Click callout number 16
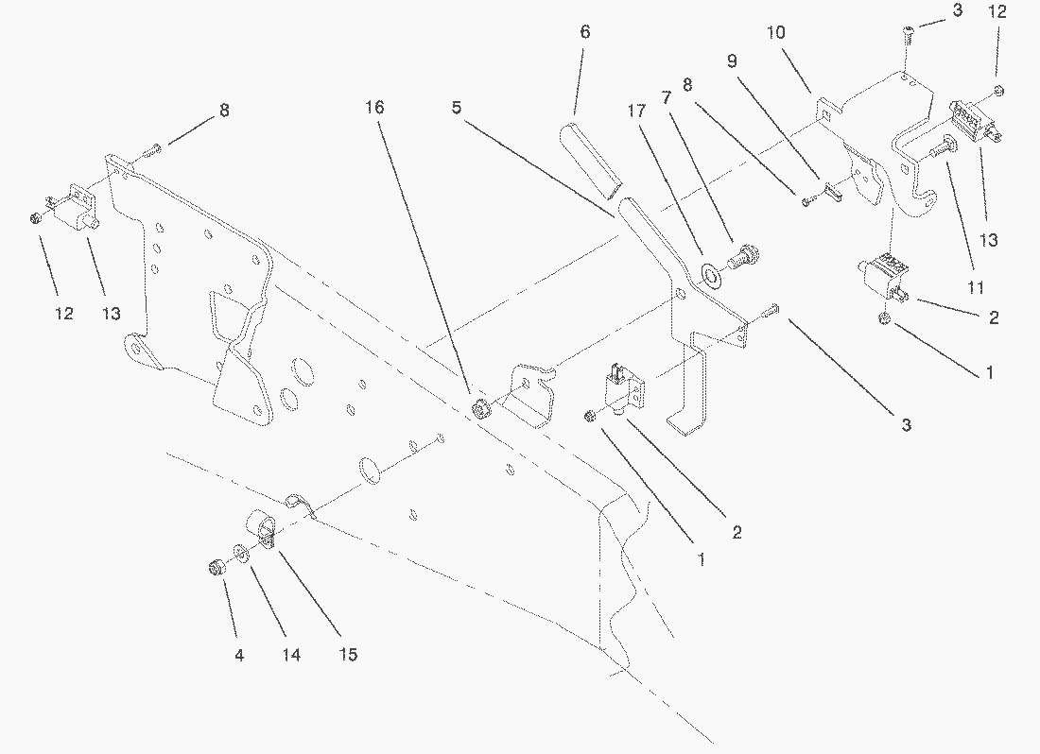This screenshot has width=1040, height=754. click(374, 108)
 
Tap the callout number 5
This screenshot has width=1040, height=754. click(457, 108)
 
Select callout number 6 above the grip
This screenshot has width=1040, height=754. click(584, 32)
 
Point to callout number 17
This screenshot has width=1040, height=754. click(636, 111)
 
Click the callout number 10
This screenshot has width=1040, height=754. click(775, 32)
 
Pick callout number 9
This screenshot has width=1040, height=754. click(732, 61)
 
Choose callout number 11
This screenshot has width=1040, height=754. click(975, 287)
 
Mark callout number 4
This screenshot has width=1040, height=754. click(239, 656)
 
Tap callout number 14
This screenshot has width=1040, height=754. click(290, 656)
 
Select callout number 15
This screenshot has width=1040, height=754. click(348, 655)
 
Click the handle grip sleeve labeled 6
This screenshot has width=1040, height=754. click(589, 161)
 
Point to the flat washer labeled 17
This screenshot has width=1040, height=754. click(711, 274)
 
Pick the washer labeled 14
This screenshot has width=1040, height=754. click(240, 553)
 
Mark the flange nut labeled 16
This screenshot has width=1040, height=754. click(479, 409)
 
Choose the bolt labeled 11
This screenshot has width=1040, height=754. click(939, 147)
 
